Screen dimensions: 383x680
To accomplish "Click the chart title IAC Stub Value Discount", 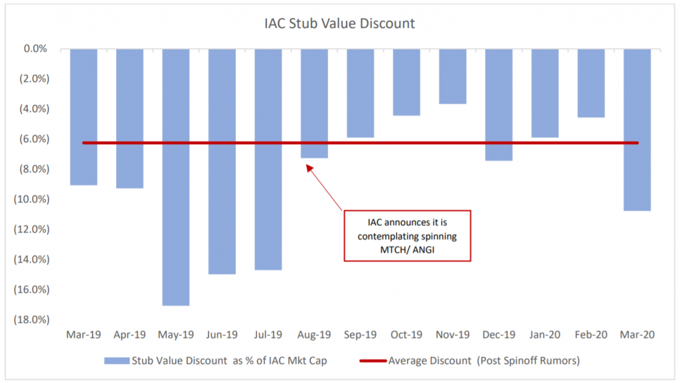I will [x=339, y=24].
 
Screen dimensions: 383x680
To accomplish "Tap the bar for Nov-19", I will [x=452, y=76].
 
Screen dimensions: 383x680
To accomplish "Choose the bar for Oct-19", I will [x=406, y=82].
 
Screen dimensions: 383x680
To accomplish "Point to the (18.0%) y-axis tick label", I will [x=31, y=319].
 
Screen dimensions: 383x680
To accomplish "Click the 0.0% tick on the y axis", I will [x=35, y=48].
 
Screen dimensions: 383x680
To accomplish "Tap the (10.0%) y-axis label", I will [x=31, y=199].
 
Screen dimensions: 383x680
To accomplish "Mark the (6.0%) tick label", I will [x=33, y=139].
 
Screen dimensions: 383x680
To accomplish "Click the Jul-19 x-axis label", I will [x=268, y=335].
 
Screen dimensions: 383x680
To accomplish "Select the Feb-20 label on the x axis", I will [x=590, y=335].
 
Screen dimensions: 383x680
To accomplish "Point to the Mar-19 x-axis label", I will [x=83, y=335].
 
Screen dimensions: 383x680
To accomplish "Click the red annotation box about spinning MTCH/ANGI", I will [x=407, y=236].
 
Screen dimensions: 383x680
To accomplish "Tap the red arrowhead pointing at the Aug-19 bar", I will [x=307, y=167].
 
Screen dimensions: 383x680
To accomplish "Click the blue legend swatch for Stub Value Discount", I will [x=118, y=361].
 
